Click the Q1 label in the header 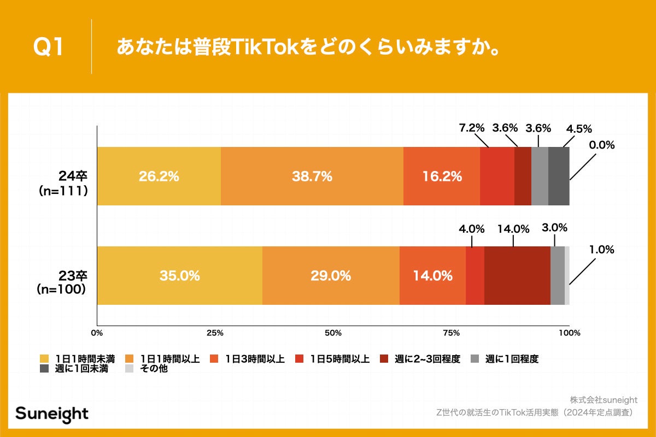tap(49, 47)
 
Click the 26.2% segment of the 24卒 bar tap(159, 176)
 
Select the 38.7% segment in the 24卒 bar tap(312, 176)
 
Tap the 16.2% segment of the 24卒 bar tap(442, 176)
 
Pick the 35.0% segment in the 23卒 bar tap(179, 276)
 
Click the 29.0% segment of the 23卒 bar tap(331, 276)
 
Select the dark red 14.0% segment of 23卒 tap(517, 276)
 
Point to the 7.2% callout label tap(471, 128)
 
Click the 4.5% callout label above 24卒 tap(578, 129)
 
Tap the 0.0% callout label tap(601, 145)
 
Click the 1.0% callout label tap(601, 250)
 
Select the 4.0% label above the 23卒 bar tap(471, 229)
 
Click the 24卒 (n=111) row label tap(63, 184)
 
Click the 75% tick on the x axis tap(451, 333)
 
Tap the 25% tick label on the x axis tap(215, 333)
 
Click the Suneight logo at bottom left tap(51, 414)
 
